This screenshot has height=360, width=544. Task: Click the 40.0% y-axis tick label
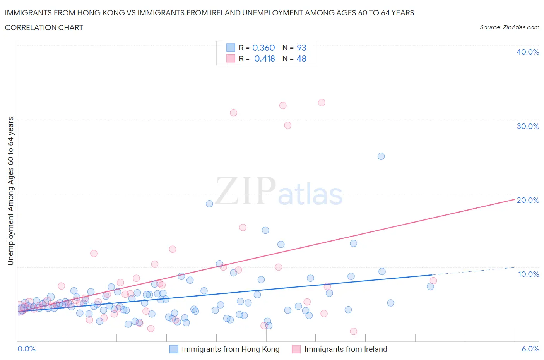pyautogui.click(x=527, y=52)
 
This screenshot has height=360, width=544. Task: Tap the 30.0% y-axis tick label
pyautogui.click(x=527, y=126)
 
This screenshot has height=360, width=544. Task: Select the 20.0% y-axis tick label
pyautogui.click(x=527, y=200)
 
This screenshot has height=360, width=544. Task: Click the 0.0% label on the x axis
pyautogui.click(x=26, y=349)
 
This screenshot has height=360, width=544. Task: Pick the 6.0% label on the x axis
pyautogui.click(x=530, y=349)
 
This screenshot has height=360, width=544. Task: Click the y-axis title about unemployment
pyautogui.click(x=10, y=191)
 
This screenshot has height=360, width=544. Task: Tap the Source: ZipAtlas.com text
pyautogui.click(x=509, y=27)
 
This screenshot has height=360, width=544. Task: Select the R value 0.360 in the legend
pyautogui.click(x=263, y=48)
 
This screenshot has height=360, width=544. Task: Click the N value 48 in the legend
pyautogui.click(x=301, y=58)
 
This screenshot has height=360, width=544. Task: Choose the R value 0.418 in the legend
pyautogui.click(x=264, y=58)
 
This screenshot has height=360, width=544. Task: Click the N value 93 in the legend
pyautogui.click(x=301, y=48)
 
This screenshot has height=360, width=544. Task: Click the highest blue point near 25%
pyautogui.click(x=381, y=156)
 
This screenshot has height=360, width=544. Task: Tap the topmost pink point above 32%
pyautogui.click(x=322, y=103)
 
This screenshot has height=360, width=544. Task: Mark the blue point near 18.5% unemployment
pyautogui.click(x=209, y=204)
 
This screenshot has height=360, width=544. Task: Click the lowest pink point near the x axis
pyautogui.click(x=353, y=331)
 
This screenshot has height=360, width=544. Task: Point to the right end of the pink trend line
pyautogui.click(x=515, y=199)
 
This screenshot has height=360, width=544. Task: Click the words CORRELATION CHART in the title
pyautogui.click(x=44, y=27)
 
